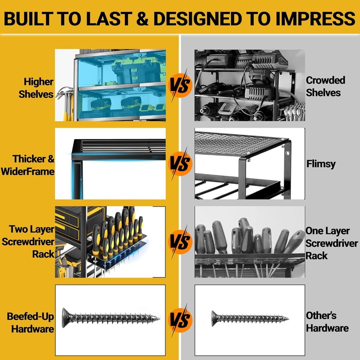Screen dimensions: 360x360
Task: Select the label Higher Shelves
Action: (36, 87)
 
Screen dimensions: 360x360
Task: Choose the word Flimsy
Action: (321, 164)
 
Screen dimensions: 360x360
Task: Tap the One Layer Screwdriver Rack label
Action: (331, 243)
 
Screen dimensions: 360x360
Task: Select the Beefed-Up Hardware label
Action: (31, 323)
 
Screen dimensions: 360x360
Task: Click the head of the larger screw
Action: (66, 318)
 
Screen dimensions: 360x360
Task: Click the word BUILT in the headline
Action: (29, 18)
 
